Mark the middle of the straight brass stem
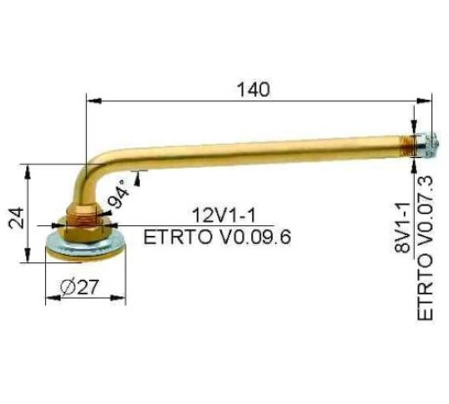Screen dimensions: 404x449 click(260, 146)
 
